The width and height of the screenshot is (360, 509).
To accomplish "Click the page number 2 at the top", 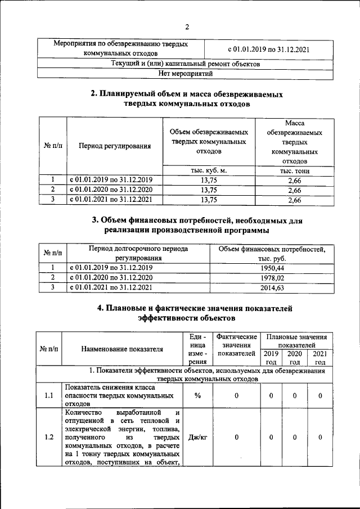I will click(x=187, y=26).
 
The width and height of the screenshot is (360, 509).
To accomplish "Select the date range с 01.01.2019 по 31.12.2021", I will click(x=268, y=49).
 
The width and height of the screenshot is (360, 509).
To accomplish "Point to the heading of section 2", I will click(x=187, y=99).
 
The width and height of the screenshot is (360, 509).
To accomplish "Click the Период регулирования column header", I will click(x=115, y=146).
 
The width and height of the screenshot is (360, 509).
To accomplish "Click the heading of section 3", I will click(x=187, y=225).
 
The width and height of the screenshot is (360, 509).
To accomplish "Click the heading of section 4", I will click(x=187, y=313).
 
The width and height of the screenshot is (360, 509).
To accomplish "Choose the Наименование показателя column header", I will click(x=121, y=349).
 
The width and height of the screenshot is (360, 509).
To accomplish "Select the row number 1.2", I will click(x=48, y=437).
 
